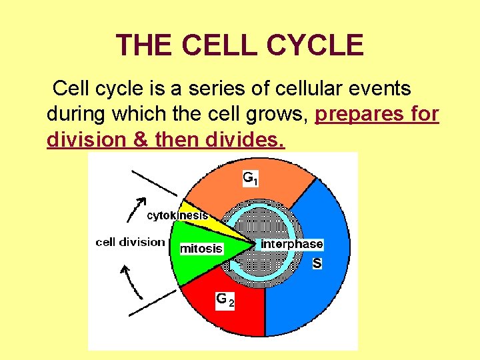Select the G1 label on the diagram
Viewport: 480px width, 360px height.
click(x=250, y=178)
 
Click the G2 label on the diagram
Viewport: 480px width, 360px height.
click(x=225, y=301)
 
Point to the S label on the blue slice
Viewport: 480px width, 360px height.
click(x=317, y=263)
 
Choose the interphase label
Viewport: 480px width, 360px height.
click(x=291, y=244)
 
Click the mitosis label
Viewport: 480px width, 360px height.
click(x=201, y=248)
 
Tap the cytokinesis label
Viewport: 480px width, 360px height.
click(x=177, y=215)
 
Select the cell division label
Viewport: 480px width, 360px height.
click(x=130, y=241)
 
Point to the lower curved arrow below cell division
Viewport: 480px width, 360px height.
click(x=133, y=280)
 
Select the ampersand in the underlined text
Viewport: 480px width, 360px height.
click(x=139, y=140)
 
